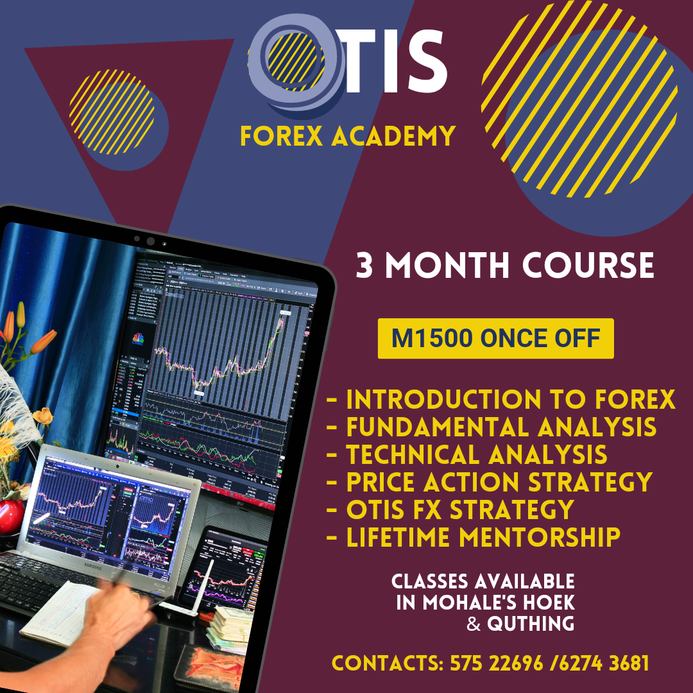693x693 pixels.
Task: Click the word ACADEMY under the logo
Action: (393, 135)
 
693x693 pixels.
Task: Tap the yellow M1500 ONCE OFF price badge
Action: (495, 338)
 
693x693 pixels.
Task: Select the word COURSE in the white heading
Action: (588, 265)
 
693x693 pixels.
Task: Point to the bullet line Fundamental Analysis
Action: (492, 427)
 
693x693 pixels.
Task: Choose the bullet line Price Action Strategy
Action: (489, 482)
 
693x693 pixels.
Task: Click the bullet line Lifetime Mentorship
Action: (474, 537)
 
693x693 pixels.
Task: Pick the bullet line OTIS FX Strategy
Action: (450, 509)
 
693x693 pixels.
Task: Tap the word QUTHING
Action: (531, 624)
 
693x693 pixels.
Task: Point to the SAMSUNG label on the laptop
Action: (93, 567)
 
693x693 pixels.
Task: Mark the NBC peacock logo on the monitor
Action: (139, 339)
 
